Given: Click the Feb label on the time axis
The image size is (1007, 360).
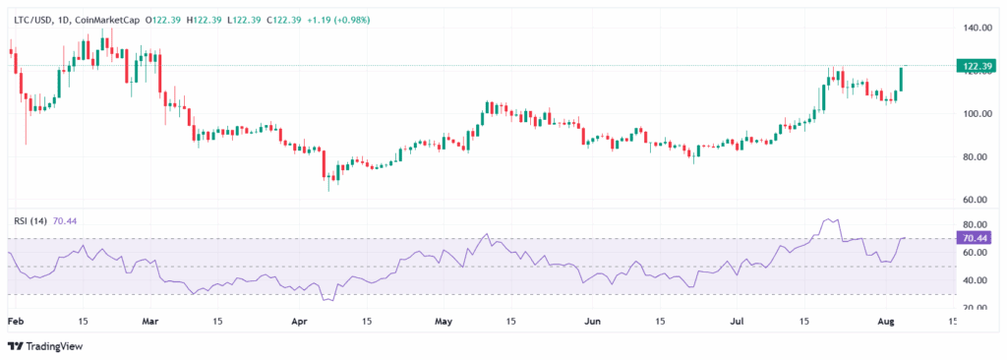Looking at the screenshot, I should [x=15, y=322].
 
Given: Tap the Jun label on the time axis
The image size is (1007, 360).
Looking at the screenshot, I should [x=591, y=322].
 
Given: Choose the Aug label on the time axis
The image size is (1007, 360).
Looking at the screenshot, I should [x=885, y=322].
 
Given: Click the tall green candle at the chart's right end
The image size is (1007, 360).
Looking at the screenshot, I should [x=902, y=80].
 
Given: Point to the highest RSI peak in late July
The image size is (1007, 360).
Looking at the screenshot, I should [x=828, y=219].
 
